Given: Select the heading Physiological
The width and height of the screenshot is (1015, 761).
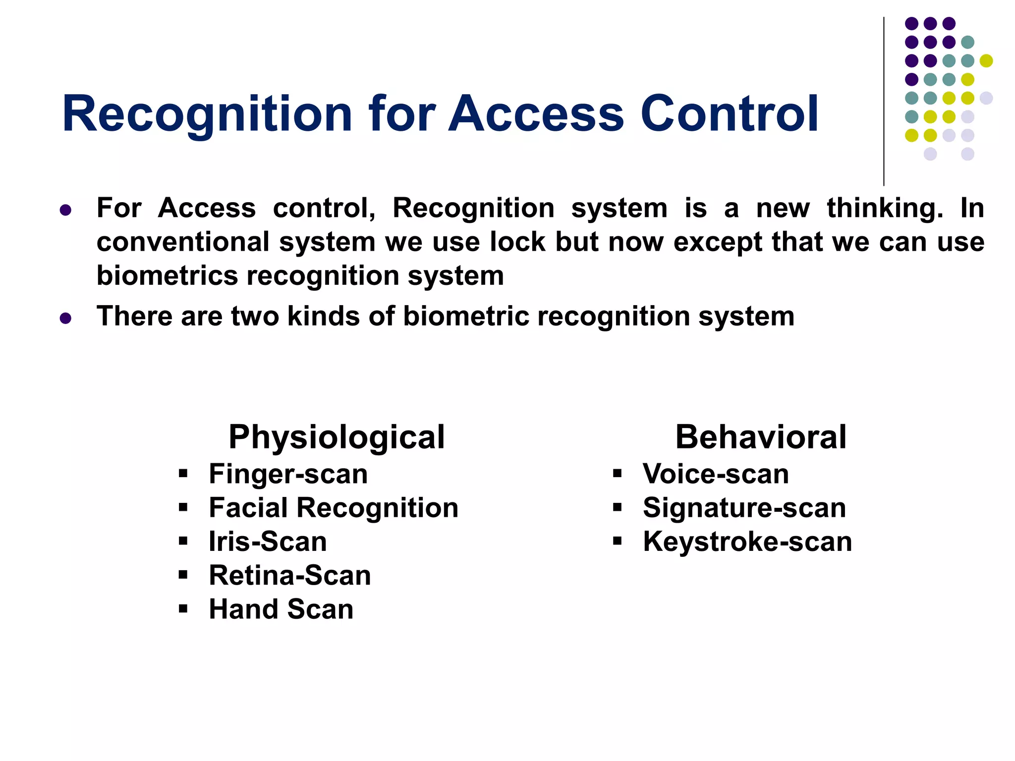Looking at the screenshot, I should (x=337, y=437).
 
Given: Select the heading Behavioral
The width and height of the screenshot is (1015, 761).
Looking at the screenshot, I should (x=760, y=437).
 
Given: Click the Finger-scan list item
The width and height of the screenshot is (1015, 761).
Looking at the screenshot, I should (x=288, y=474).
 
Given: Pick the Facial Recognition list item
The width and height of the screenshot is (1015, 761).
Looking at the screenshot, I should (x=334, y=508).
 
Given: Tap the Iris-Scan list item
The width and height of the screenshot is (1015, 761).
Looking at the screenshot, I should (x=268, y=542).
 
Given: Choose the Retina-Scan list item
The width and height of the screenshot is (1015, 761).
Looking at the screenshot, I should (x=290, y=575).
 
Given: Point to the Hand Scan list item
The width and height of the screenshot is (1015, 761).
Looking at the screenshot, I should (x=281, y=609).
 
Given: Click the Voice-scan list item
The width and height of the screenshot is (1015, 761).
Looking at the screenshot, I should (x=716, y=474).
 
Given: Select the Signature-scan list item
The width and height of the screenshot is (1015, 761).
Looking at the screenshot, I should (x=744, y=508).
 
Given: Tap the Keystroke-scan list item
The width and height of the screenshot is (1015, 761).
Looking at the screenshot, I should (x=747, y=542).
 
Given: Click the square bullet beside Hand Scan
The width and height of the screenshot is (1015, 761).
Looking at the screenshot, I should (x=183, y=608).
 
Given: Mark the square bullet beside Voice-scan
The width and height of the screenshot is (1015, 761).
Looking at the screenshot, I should (x=617, y=473).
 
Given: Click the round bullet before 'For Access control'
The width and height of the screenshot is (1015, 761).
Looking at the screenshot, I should (x=65, y=210).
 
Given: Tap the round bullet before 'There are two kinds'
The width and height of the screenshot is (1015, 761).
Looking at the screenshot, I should (x=65, y=318).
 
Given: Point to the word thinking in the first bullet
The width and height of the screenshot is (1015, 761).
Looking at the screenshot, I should (x=885, y=208).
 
